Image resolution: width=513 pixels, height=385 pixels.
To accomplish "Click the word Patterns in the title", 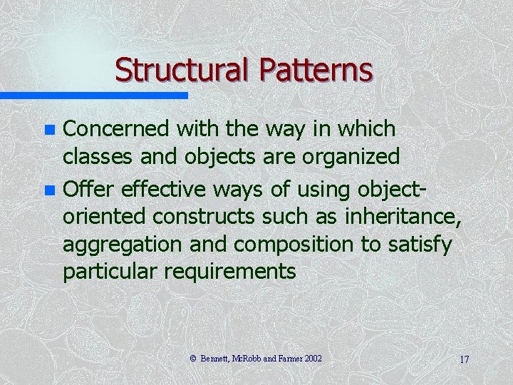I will [x=316, y=71].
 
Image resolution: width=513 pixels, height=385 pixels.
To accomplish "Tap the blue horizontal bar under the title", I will [x=93, y=95].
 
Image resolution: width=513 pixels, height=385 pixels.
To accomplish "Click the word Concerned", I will [x=117, y=129].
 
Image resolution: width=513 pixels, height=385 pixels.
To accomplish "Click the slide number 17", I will [x=464, y=359].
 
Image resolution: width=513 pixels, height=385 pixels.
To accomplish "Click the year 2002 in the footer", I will [x=311, y=359].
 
